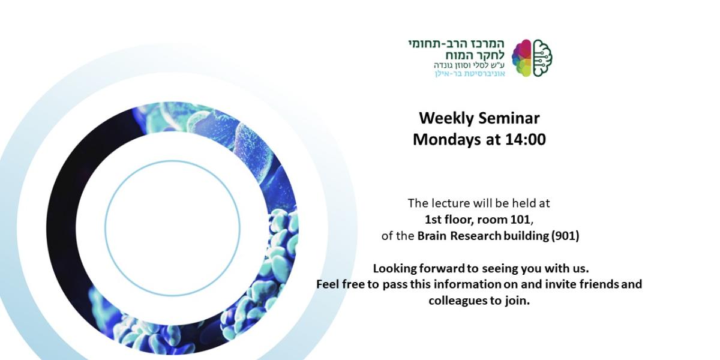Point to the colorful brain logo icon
532,58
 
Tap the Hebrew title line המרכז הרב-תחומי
457,44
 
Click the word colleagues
455,301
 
